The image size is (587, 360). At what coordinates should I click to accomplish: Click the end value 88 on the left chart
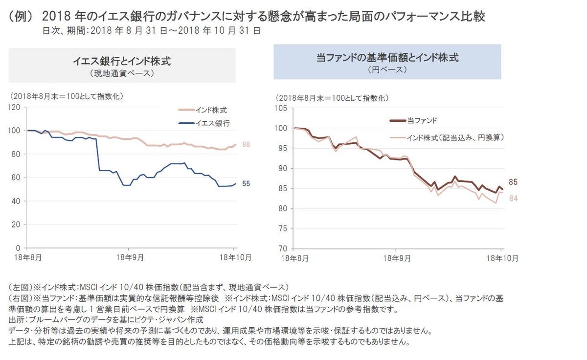pos(246,144)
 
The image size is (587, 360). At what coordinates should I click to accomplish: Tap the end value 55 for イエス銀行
pos(246,183)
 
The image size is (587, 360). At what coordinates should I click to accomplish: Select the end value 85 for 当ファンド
pos(513,182)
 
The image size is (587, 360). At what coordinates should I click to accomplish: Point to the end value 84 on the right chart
pos(513,198)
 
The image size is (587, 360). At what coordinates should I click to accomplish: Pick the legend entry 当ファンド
pos(422,120)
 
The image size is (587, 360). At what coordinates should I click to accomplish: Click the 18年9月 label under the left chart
pos(128,256)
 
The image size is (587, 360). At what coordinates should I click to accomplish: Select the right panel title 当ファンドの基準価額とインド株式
pos(387,58)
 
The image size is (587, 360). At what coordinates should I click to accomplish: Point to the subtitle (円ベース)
pos(387,70)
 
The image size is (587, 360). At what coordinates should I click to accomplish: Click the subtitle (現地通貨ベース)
pos(122,73)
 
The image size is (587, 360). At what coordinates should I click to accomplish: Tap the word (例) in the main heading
pos(22,17)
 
